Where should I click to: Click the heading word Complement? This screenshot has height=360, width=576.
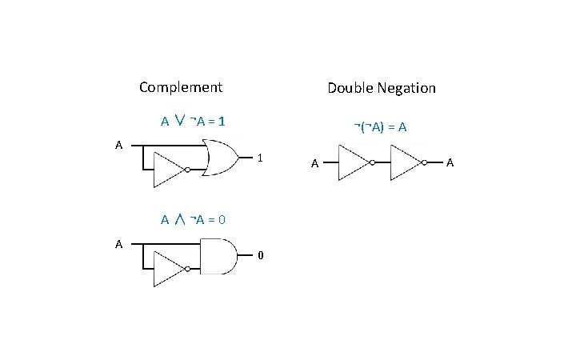180,87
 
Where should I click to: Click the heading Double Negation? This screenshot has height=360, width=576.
382,88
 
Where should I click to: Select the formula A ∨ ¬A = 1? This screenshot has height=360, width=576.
193,122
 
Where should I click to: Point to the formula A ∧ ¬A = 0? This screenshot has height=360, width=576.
193,219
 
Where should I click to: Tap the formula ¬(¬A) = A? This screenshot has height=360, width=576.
382,126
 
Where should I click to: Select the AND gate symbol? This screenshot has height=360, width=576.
218,256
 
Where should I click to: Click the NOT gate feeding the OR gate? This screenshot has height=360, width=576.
167,170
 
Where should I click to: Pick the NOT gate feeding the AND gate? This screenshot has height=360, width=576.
167,269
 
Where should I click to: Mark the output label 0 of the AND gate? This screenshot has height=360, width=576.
260,256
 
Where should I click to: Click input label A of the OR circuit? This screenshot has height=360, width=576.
118,146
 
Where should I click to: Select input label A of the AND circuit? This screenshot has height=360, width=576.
118,243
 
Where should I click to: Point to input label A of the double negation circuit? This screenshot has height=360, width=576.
315,163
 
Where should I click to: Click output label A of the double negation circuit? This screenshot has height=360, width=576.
450,163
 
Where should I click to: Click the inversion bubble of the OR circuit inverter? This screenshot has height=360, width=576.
186,170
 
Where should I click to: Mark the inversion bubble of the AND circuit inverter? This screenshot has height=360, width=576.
186,269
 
